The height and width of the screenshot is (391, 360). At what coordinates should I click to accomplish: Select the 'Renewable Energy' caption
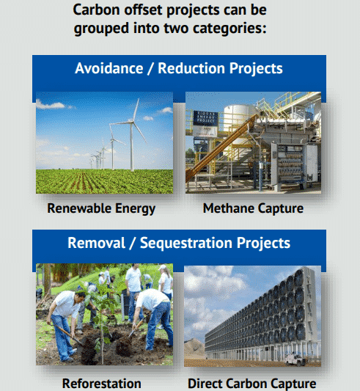tap(101, 208)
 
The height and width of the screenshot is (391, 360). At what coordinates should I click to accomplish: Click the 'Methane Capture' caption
tap(253, 208)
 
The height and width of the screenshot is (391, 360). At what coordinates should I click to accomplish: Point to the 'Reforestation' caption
tap(101, 383)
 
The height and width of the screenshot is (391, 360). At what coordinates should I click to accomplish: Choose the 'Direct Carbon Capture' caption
tap(251, 383)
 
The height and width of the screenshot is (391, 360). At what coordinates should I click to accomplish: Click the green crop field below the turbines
tap(103, 180)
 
